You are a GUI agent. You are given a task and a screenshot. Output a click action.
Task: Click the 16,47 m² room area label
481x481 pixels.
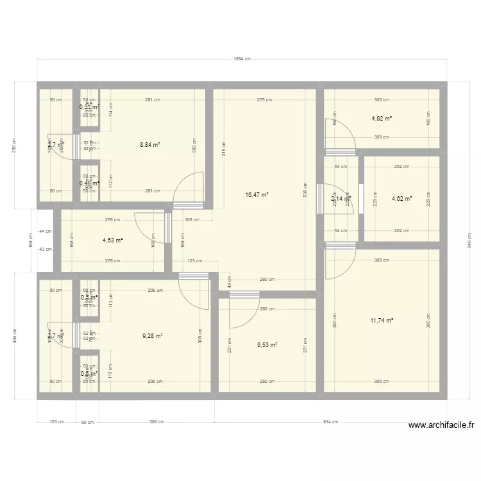point(257,194)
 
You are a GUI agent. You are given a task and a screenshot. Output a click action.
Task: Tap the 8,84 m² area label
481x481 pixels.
point(150,145)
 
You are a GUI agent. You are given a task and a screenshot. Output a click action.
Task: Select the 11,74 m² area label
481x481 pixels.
point(381,321)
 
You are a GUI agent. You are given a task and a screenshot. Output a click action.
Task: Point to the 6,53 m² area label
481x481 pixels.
point(267,345)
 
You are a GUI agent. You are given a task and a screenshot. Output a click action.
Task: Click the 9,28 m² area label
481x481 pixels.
point(153,335)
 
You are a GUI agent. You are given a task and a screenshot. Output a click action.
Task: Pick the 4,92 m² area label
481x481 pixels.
point(382,119)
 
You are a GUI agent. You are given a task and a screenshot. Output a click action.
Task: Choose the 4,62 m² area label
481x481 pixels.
point(401,199)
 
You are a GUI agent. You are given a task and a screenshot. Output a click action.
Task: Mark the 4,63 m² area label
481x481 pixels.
point(112,240)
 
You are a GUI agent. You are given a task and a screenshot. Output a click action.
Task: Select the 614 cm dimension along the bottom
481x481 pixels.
point(330,422)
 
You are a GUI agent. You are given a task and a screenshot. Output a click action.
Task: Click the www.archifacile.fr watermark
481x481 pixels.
point(441,425)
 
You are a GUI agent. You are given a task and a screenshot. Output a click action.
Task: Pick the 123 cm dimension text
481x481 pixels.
point(195,261)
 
